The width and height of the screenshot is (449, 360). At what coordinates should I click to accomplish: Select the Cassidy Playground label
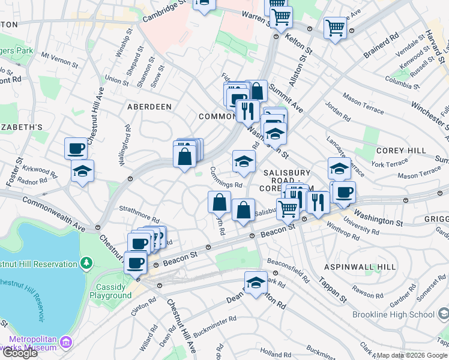pos(110,291)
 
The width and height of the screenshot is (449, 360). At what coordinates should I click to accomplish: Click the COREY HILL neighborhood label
pos(401,150)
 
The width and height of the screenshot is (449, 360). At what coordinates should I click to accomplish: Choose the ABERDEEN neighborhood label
pos(149,106)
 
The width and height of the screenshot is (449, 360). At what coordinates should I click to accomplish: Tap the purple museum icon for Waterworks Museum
pos(66,343)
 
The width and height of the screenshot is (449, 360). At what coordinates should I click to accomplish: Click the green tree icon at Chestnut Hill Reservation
pos(87,263)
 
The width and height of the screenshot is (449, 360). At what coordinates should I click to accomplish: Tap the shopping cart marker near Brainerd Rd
pos(335,27)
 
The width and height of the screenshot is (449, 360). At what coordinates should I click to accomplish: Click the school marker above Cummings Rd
pos(244,161)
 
